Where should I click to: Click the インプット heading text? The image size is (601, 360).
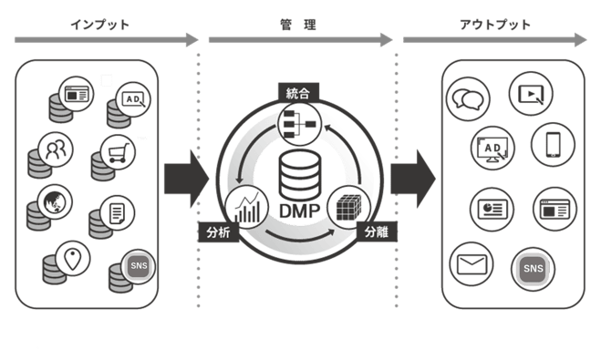(99, 25)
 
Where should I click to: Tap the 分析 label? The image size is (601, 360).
(219, 232)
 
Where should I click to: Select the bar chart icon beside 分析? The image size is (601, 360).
(248, 207)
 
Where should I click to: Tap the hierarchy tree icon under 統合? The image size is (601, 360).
(297, 124)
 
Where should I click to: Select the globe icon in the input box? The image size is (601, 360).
(54, 200)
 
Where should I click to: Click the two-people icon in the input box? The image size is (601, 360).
(56, 148)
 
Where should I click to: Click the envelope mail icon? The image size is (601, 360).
(471, 266)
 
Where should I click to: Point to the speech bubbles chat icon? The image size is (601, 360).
(471, 98)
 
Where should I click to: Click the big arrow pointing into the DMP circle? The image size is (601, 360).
(185, 172)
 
